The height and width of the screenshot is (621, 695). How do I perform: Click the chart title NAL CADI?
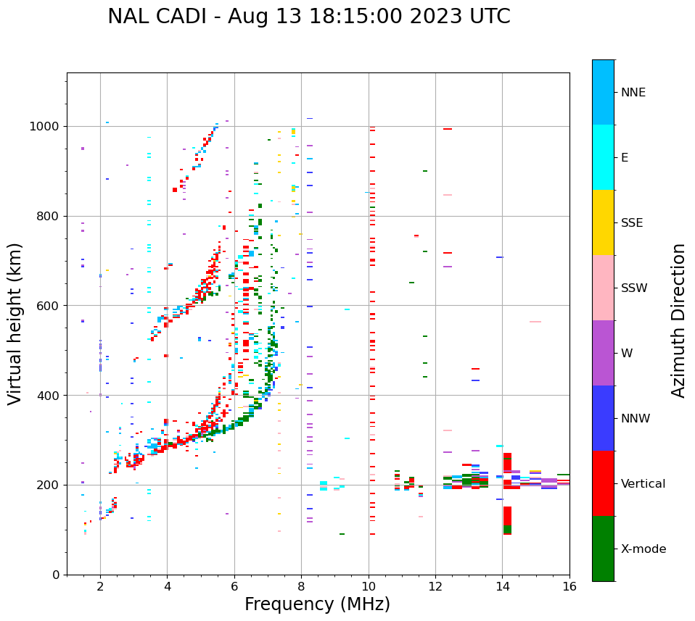(x=308, y=17)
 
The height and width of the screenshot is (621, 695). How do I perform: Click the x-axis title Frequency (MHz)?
(x=317, y=604)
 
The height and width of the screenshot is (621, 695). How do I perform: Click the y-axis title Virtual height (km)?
(x=15, y=323)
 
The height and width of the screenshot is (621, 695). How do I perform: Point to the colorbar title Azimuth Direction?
(x=678, y=320)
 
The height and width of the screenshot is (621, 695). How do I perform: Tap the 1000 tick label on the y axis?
(x=45, y=127)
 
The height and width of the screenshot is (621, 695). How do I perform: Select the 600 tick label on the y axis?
(x=49, y=306)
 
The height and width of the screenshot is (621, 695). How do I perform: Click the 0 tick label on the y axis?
(x=56, y=575)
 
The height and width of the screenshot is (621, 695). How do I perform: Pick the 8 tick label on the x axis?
(x=301, y=587)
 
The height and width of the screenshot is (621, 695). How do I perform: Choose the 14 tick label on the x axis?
(x=502, y=587)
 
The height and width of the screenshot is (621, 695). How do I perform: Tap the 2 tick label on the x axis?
(x=100, y=587)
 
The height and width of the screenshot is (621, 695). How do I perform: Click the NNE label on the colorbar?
(x=633, y=93)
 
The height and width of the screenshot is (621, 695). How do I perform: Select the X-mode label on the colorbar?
(x=643, y=549)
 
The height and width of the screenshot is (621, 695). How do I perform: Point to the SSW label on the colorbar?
(x=634, y=288)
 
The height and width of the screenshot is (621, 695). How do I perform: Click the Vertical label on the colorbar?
(x=643, y=484)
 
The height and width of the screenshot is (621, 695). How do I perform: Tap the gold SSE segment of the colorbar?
(x=603, y=222)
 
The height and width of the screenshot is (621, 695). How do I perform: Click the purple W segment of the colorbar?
(x=603, y=353)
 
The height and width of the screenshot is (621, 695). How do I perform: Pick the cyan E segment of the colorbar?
(x=603, y=157)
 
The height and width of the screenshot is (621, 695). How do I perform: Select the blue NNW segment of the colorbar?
(x=603, y=418)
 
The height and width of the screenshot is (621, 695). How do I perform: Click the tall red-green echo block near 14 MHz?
(x=507, y=493)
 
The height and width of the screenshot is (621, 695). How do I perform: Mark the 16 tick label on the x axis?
(x=569, y=587)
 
